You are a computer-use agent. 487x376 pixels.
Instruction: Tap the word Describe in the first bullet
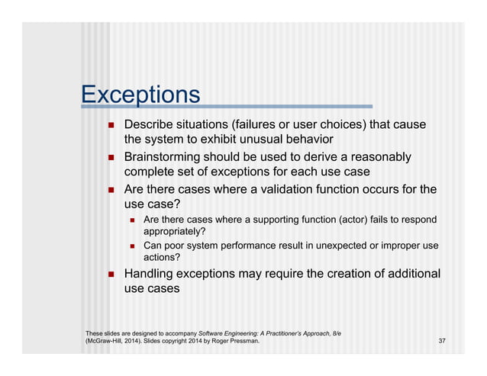coord(150,124)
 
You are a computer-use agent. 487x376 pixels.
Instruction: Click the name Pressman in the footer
coord(242,341)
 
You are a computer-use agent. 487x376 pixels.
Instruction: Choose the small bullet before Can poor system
coord(132,246)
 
